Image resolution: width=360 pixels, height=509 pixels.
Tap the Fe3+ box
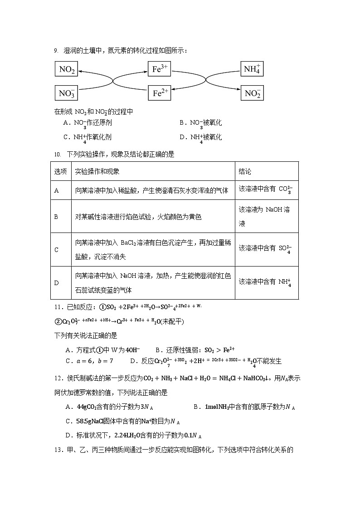click(160, 69)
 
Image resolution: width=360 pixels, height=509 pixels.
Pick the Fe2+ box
click(160, 93)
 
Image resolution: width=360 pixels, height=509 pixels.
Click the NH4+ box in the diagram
click(252, 69)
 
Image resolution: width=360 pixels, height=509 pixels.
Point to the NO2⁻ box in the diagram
click(252, 93)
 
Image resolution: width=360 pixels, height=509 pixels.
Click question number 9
click(56, 51)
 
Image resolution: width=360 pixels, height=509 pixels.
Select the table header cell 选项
click(60, 172)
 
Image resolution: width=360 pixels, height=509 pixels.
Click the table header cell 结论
click(245, 172)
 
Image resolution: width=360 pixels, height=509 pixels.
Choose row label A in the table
click(57, 191)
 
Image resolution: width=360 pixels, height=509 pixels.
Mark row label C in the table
click(57, 250)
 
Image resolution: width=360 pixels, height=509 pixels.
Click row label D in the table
click(57, 283)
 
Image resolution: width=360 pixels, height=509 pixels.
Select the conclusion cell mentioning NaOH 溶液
click(266, 217)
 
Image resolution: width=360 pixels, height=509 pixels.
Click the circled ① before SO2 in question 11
click(102, 307)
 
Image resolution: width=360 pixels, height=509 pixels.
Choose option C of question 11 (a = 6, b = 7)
click(89, 361)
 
